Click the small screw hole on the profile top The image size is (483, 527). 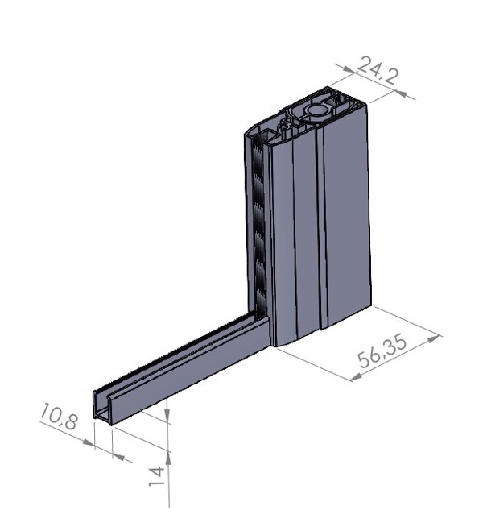[285, 125]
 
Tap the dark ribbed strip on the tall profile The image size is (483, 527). [258, 226]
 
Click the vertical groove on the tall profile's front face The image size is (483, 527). [321, 226]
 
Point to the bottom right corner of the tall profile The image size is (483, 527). [371, 309]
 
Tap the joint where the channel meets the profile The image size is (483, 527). [266, 330]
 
